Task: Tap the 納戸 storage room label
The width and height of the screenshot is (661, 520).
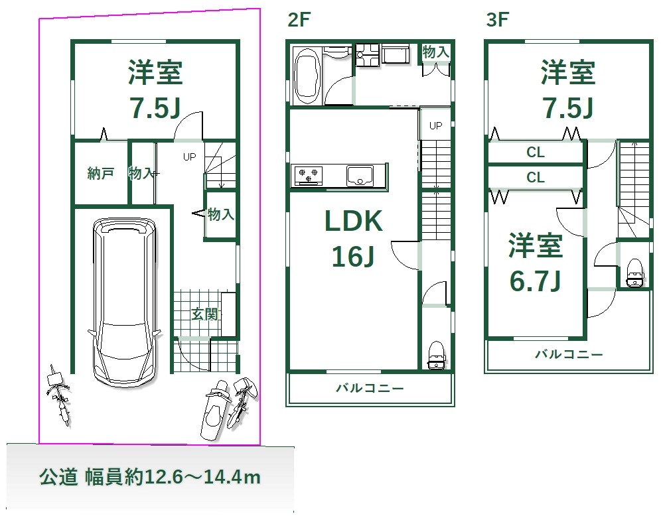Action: (x=101, y=173)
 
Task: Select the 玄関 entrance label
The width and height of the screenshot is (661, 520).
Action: (x=204, y=314)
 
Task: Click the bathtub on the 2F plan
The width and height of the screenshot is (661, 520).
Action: (x=307, y=76)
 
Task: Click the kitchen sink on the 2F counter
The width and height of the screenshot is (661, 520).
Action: (x=360, y=175)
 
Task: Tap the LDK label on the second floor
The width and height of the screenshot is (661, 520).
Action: (x=353, y=221)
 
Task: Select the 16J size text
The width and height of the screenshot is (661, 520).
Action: (x=353, y=256)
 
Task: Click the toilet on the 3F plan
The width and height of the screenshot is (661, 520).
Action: (x=635, y=273)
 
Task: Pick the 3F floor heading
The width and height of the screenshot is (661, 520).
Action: (x=498, y=19)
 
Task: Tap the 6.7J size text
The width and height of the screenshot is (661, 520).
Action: (x=535, y=281)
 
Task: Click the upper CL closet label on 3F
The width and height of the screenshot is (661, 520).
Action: (x=536, y=152)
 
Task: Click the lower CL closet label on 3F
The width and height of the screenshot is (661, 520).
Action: (x=536, y=177)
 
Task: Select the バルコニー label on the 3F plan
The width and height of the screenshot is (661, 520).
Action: (x=569, y=354)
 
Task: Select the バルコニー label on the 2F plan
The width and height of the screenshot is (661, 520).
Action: (x=370, y=388)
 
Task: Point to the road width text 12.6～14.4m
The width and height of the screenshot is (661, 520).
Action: (x=203, y=477)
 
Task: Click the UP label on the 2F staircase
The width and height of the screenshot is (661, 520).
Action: (x=435, y=125)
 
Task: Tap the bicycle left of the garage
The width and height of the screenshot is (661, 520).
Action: (x=59, y=394)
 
